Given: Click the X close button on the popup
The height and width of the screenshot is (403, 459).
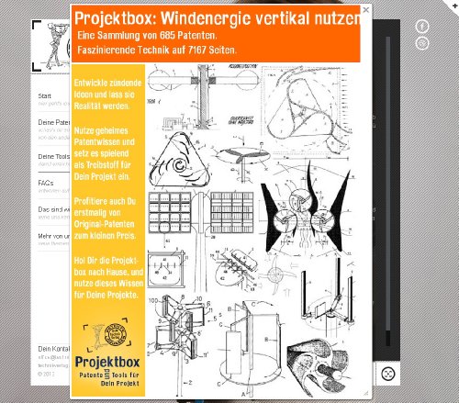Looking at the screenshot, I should pyautogui.click(x=365, y=10).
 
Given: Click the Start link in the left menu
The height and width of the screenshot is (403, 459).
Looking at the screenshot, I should pyautogui.click(x=45, y=95).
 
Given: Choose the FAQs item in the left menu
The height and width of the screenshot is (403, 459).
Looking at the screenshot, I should pyautogui.click(x=46, y=183).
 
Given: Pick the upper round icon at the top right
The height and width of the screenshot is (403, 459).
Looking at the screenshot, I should pyautogui.click(x=422, y=27).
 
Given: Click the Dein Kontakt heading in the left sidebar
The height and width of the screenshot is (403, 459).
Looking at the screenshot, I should pyautogui.click(x=54, y=350).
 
